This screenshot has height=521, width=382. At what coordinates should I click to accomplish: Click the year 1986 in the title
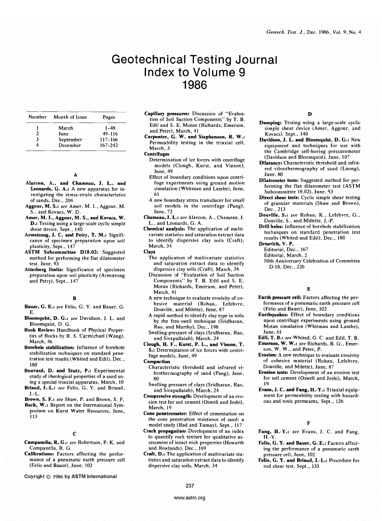coord(194,86)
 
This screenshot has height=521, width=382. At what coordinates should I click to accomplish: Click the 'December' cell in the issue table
coord(67,145)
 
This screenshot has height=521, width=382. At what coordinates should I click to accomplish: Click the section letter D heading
coord(309,114)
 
